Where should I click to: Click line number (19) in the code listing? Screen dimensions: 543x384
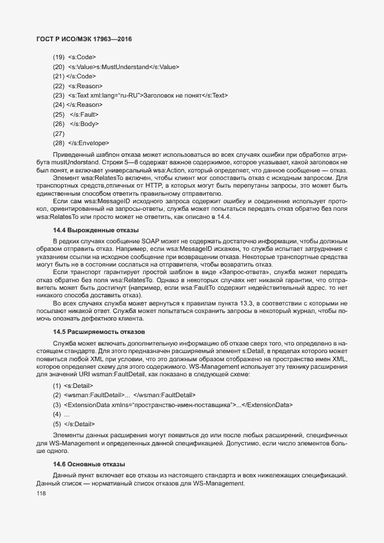pos(59,57)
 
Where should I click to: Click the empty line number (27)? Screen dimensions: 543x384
pos(59,133)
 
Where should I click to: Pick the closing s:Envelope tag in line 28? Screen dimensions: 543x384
pos(89,143)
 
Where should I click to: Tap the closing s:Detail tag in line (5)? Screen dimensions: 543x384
pos(80,423)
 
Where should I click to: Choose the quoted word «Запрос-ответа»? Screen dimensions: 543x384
pos(244,272)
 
